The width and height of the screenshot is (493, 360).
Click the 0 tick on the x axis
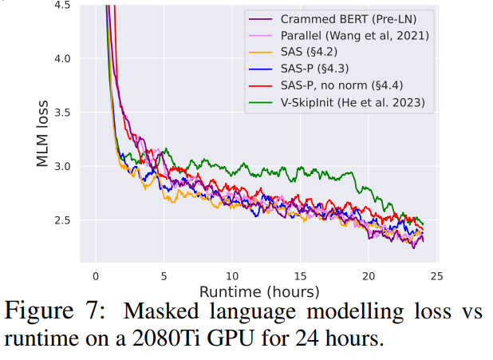point(95,275)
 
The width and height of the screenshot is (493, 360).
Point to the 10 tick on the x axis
point(231,275)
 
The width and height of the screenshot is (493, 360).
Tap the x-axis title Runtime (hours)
point(259,291)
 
